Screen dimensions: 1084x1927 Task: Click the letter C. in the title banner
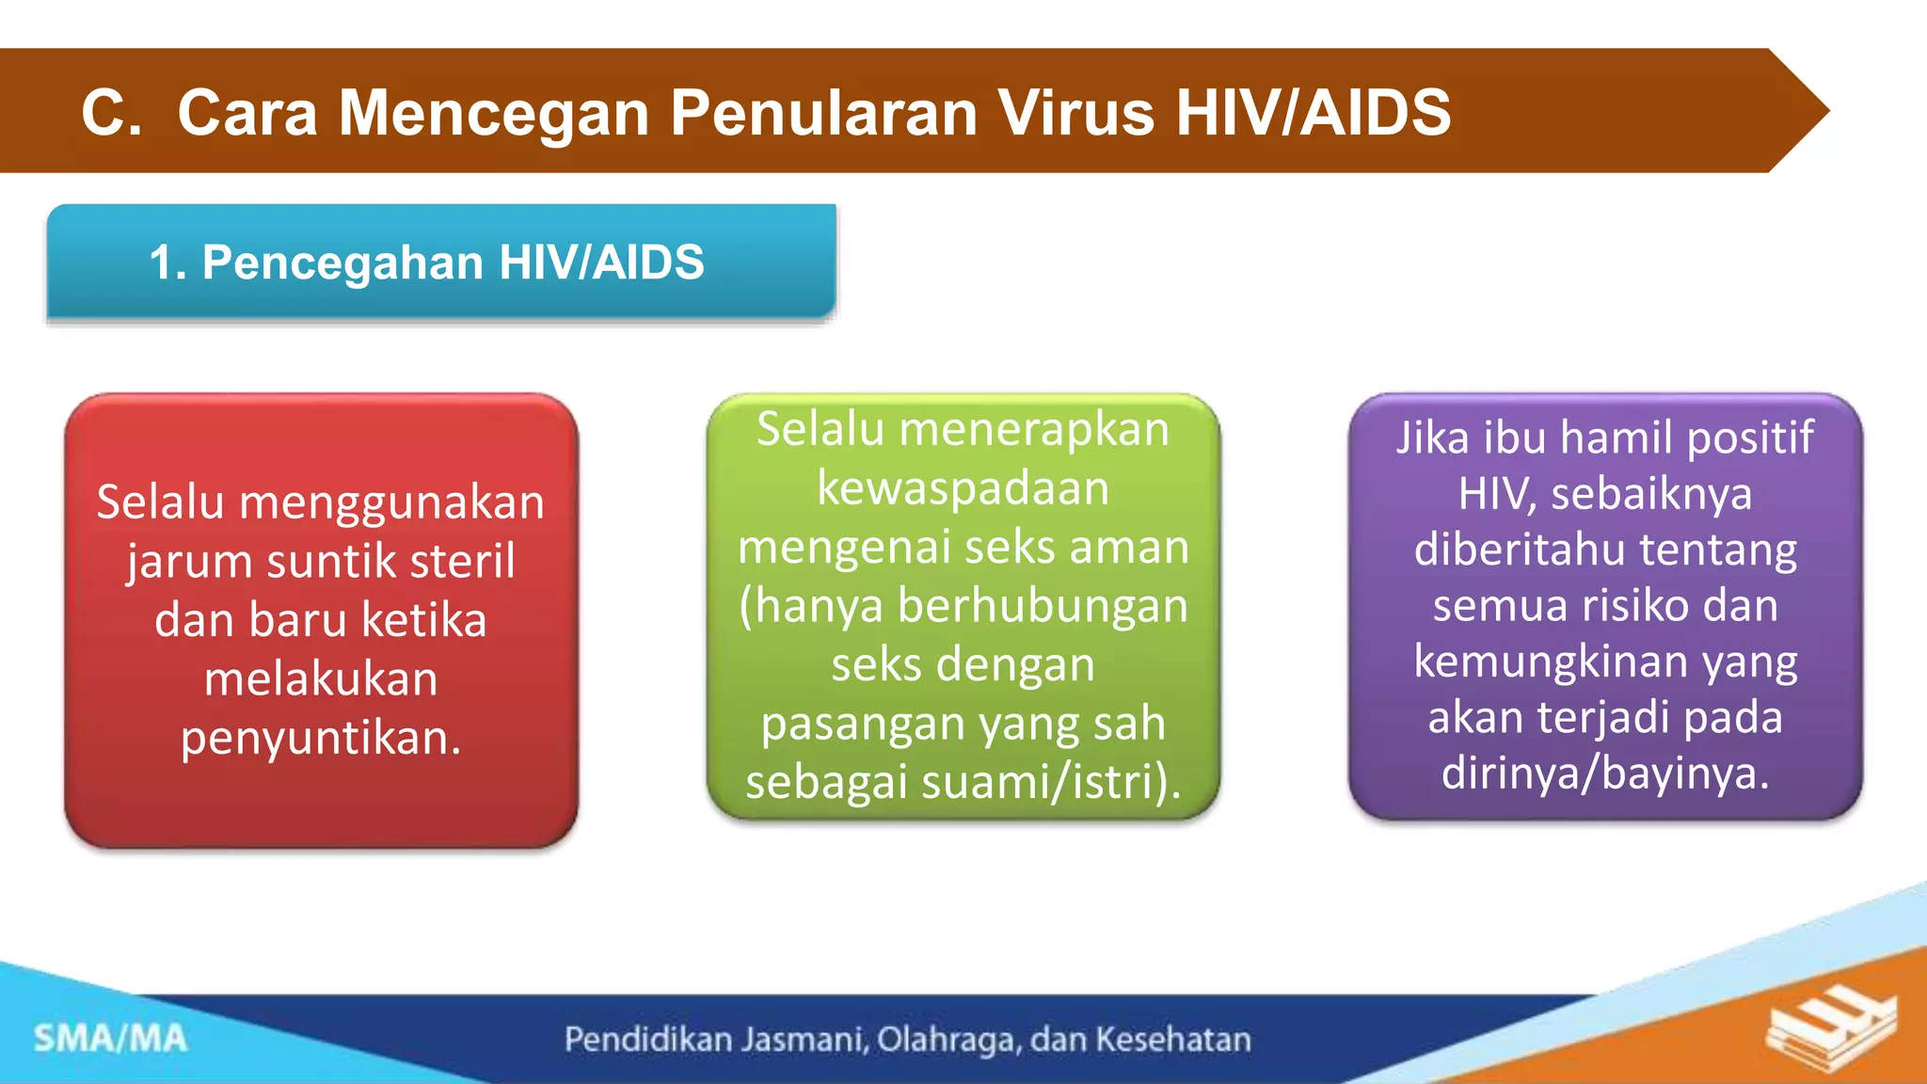[x=111, y=113]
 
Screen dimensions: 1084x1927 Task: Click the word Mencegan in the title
[x=493, y=113]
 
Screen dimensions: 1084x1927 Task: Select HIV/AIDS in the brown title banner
[x=1313, y=113]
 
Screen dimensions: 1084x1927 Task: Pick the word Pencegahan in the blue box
[x=344, y=263]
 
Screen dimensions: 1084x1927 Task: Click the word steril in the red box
[x=462, y=561]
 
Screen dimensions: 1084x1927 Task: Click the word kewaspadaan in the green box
[x=963, y=487]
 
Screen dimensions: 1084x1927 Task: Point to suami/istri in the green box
[x=1050, y=781]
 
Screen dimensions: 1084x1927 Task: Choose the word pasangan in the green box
[x=863, y=723]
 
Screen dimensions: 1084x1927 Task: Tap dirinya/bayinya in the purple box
[x=1605, y=773]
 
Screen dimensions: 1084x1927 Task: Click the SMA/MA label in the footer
[x=110, y=1039]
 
